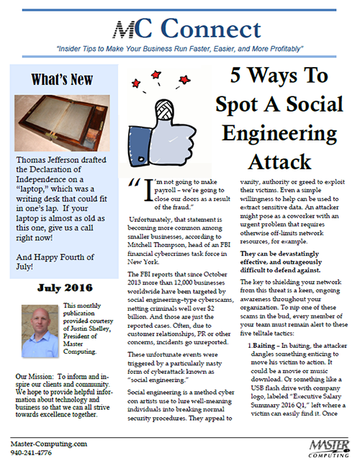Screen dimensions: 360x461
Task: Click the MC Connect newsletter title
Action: [x=187, y=29]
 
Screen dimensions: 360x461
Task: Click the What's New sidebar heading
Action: [x=62, y=79]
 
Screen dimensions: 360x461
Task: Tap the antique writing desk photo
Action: [x=62, y=123]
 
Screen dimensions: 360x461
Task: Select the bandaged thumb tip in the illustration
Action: [x=164, y=109]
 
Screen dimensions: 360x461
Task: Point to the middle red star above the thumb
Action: [x=156, y=75]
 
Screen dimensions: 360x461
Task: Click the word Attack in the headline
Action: [x=279, y=161]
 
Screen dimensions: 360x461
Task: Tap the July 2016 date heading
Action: [x=65, y=287]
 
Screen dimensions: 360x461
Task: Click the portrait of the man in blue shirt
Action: [x=40, y=331]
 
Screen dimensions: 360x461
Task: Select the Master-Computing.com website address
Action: [x=49, y=444]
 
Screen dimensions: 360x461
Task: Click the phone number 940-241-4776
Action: [x=31, y=453]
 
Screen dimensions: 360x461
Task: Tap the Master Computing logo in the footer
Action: [x=329, y=449]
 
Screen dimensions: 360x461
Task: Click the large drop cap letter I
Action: [x=149, y=190]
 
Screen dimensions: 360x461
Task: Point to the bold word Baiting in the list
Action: [x=264, y=346]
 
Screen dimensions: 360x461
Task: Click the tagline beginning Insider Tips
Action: [x=179, y=48]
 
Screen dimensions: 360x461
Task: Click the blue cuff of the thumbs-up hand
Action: [x=139, y=146]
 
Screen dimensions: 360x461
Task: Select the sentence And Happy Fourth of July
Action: [x=55, y=261]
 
